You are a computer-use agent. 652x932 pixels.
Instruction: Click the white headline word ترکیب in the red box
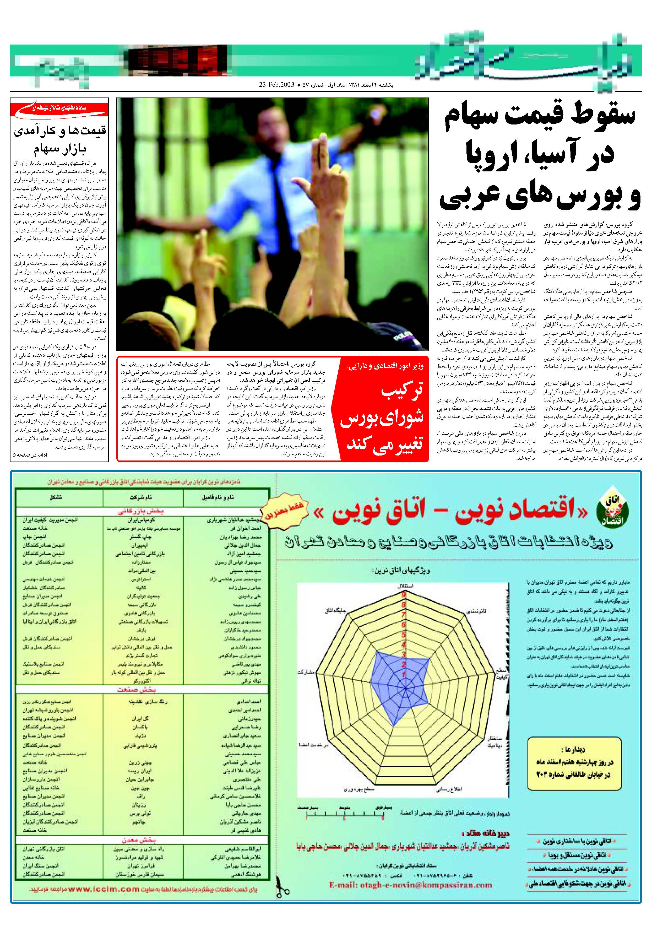[402, 392]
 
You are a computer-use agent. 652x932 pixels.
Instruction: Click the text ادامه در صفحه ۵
[30, 455]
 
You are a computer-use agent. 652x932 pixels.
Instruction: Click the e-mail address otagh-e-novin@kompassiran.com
[410, 885]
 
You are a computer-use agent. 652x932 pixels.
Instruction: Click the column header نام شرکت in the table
[141, 497]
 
